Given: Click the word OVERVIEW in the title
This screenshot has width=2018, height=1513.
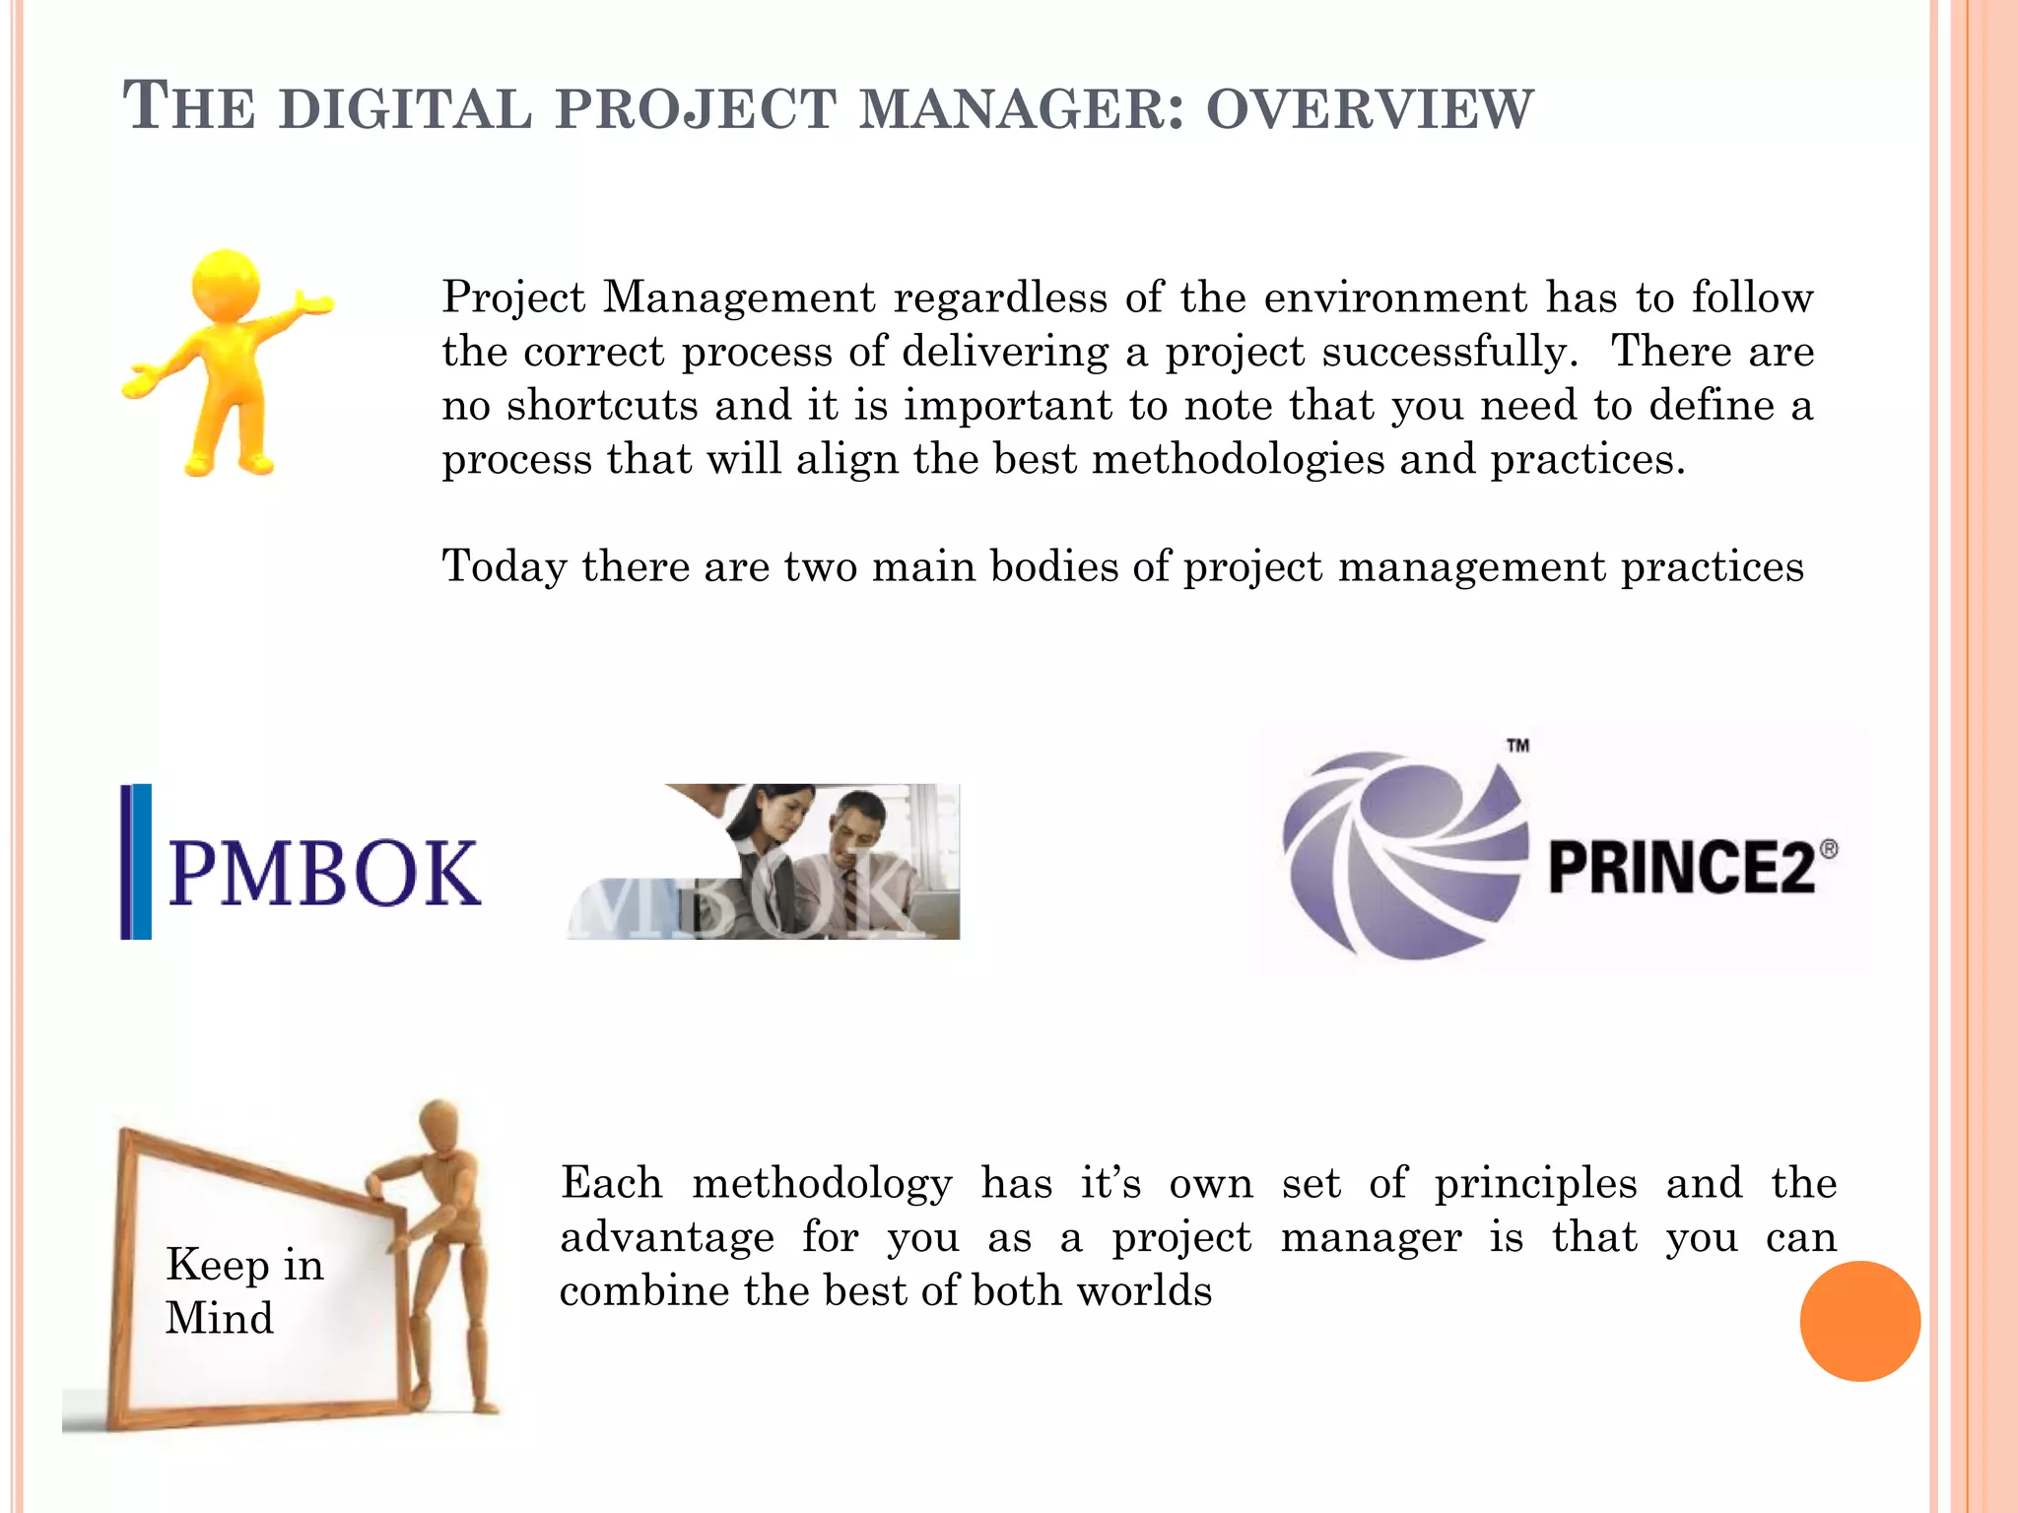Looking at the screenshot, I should click(1369, 109).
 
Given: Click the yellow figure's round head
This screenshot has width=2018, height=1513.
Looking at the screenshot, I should click(227, 284).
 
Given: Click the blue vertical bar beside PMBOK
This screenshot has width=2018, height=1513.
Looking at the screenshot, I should click(137, 861).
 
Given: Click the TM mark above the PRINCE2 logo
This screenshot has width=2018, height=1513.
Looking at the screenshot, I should click(1517, 746).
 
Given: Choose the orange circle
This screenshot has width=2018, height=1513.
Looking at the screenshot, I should click(1859, 1321).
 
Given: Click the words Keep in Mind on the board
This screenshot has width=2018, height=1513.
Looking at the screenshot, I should click(243, 1290).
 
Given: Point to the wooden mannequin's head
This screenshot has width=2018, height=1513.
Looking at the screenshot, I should click(438, 1123).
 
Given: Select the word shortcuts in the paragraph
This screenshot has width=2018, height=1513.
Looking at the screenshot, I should click(602, 406).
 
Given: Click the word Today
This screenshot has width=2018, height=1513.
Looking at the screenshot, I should click(504, 567).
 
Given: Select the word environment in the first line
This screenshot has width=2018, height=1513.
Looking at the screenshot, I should click(1395, 297).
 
